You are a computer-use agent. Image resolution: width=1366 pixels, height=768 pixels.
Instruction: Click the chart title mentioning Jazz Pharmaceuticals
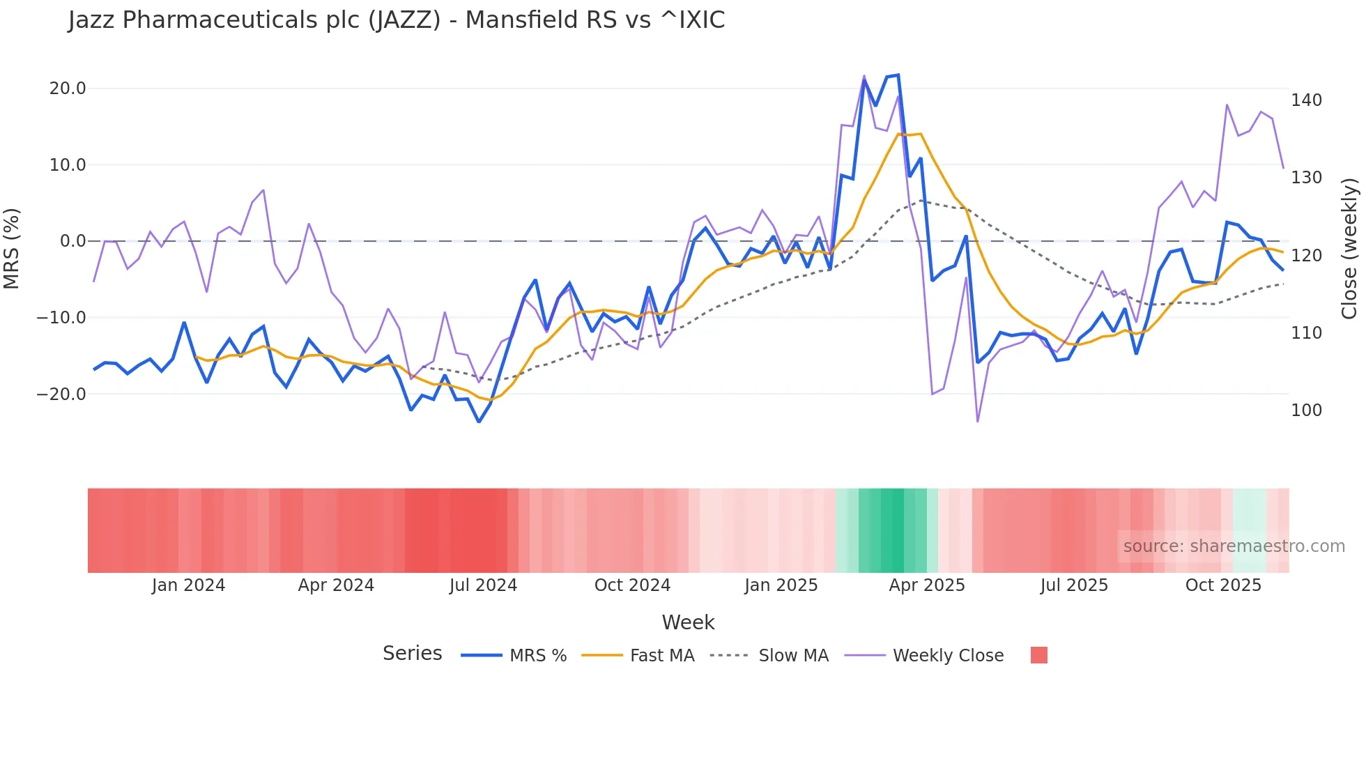click(396, 20)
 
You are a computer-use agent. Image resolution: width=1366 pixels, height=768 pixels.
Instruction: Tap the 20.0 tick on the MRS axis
click(68, 89)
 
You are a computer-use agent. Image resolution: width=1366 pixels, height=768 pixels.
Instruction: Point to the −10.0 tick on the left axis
click(61, 318)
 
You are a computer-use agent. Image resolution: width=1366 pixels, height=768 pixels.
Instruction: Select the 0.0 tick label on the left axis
click(72, 241)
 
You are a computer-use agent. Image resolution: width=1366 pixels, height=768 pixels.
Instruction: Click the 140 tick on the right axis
click(1306, 100)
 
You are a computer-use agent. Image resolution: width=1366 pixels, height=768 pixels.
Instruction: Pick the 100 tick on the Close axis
click(1306, 410)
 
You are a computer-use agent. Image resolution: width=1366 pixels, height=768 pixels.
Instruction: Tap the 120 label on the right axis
click(1306, 256)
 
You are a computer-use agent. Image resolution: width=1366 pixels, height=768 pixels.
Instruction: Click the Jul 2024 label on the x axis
click(483, 585)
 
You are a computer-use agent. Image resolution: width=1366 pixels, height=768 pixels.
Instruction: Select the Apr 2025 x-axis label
click(926, 585)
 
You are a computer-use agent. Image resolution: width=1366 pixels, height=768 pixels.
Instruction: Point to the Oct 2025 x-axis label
click(1223, 585)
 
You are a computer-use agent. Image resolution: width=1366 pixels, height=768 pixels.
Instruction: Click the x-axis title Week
click(688, 622)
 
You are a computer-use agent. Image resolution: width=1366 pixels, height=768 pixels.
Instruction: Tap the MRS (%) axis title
click(12, 248)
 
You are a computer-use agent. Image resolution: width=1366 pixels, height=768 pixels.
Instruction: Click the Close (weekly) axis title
click(1349, 248)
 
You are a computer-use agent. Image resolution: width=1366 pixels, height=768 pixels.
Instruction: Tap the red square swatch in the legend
click(1038, 655)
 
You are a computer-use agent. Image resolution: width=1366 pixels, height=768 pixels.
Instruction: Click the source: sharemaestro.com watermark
click(1234, 546)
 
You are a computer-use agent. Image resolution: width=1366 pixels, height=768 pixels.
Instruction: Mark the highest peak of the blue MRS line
click(898, 75)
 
